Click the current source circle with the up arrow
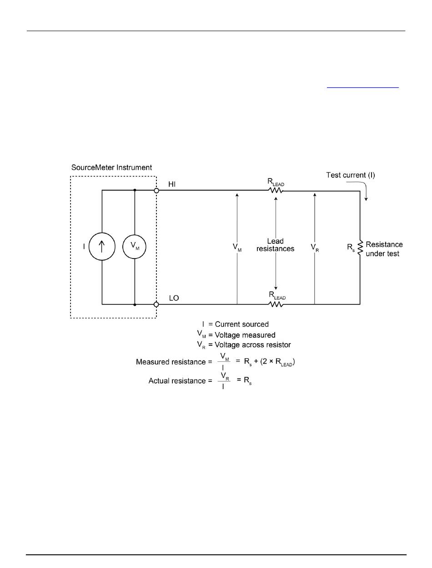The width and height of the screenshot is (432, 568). point(101,246)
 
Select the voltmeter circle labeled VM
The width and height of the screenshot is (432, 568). point(135,246)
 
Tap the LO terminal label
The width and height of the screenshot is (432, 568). point(174,298)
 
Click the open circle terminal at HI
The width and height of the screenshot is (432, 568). point(156,191)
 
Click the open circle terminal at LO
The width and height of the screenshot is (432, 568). point(156,304)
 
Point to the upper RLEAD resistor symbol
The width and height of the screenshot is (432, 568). point(276,191)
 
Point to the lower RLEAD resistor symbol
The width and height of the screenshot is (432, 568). point(276,304)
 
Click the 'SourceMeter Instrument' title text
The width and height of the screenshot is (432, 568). point(111,167)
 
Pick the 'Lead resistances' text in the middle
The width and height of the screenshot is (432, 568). point(275,245)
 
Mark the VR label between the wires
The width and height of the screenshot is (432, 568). point(314,247)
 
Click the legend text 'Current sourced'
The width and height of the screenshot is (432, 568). point(241,324)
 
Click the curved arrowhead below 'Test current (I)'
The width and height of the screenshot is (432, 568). point(366,198)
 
